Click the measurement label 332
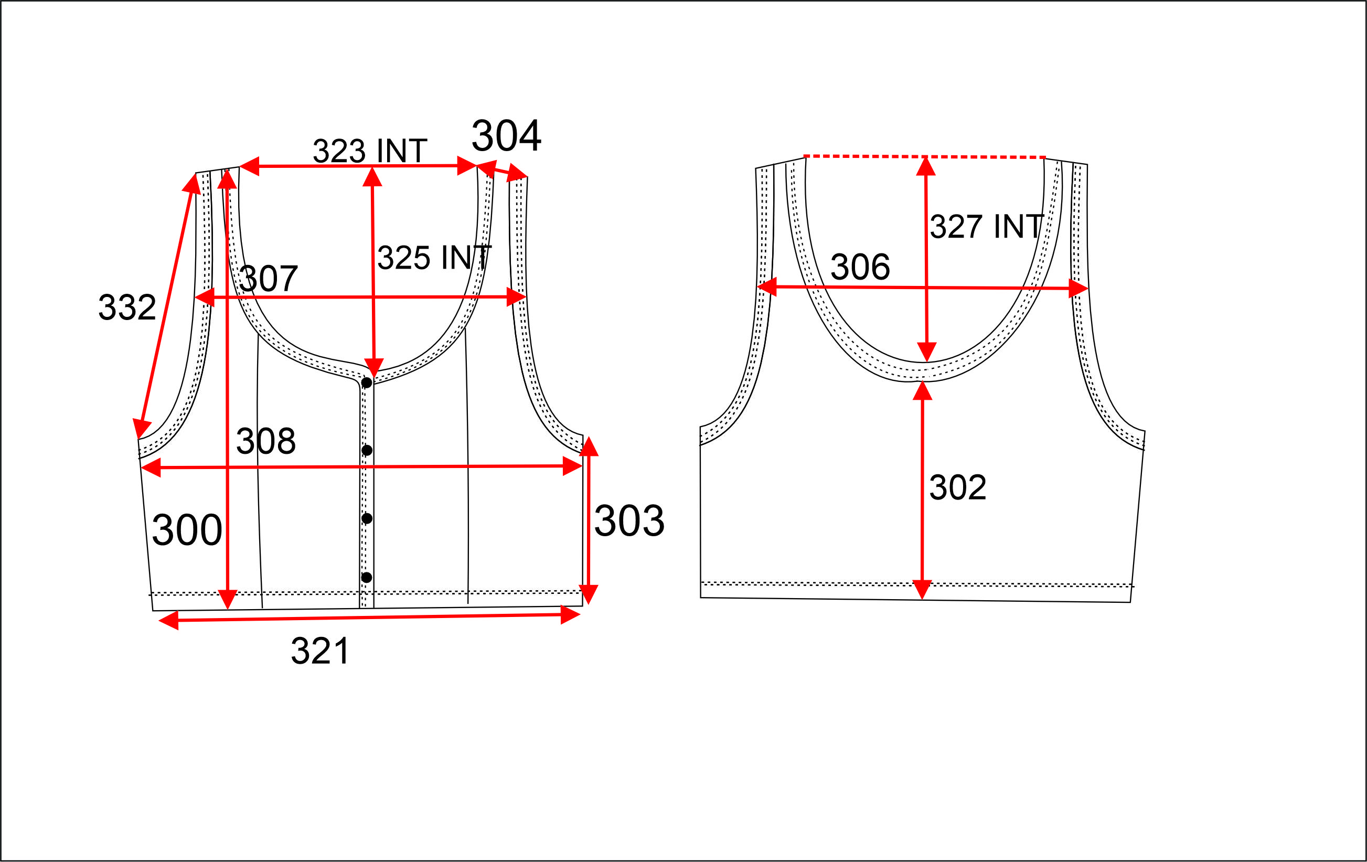click(x=127, y=307)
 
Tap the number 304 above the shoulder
click(x=506, y=136)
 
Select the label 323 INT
click(x=370, y=151)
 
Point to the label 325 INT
click(x=434, y=257)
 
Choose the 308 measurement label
click(x=265, y=441)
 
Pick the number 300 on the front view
click(x=187, y=530)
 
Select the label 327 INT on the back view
click(x=987, y=226)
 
